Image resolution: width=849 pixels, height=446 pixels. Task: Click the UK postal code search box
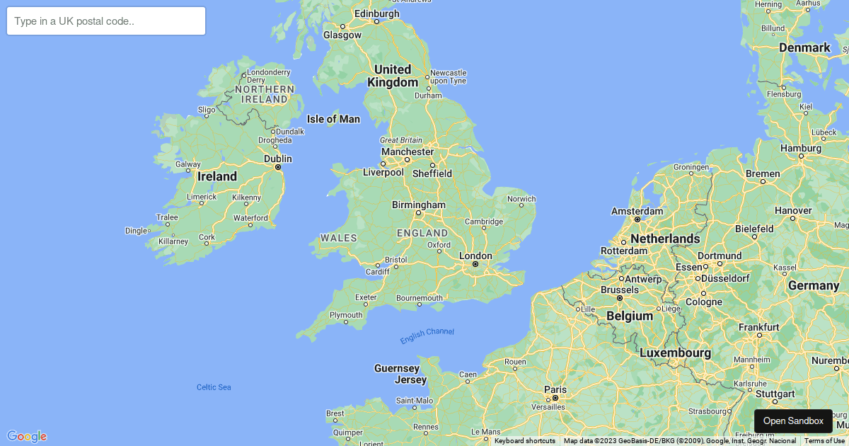tap(106, 21)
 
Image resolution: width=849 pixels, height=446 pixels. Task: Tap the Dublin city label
tap(278, 159)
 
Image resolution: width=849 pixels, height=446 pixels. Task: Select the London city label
tap(475, 256)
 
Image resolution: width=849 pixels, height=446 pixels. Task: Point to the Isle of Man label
tap(333, 119)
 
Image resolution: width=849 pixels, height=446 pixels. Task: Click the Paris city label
tap(555, 389)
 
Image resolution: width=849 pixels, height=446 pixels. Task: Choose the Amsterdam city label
tap(637, 211)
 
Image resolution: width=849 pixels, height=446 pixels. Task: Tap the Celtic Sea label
tap(214, 387)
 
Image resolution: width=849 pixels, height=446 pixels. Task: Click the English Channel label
tap(427, 336)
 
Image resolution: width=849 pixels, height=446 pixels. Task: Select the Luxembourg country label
tap(675, 353)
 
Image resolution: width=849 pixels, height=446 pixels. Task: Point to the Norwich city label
tap(521, 199)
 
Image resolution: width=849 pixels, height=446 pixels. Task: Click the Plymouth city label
tap(346, 315)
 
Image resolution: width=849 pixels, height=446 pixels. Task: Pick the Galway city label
tap(188, 164)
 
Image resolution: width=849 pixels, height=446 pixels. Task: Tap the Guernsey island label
tap(397, 368)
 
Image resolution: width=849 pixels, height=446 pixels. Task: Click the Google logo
tap(27, 436)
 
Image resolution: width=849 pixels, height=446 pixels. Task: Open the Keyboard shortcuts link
tap(524, 441)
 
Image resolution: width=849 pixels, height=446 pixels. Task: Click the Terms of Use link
tap(824, 441)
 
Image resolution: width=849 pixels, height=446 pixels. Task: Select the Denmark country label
tap(804, 47)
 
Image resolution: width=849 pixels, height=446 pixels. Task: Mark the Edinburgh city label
tap(376, 13)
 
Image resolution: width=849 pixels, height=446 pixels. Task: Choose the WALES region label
tap(338, 238)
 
